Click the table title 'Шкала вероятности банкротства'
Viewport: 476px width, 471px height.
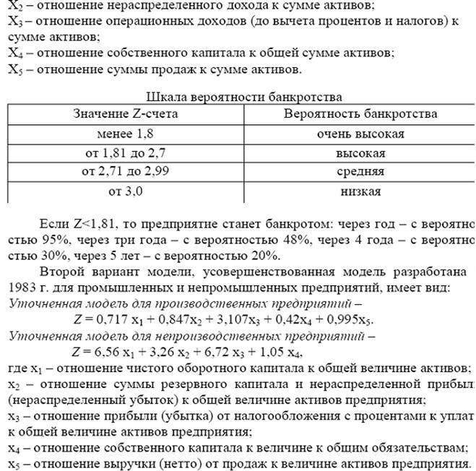coord(244,97)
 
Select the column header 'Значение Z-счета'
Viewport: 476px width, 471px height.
coord(126,114)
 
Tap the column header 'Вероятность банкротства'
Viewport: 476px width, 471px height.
coord(360,114)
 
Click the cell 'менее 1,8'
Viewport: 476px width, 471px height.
coord(125,134)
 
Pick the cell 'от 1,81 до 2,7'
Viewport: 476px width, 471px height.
coord(126,153)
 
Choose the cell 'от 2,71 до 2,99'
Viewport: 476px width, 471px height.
coord(126,172)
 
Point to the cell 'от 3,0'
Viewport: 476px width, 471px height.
coord(126,191)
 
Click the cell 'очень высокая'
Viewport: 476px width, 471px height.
coord(360,134)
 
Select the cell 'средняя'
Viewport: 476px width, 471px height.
coord(360,172)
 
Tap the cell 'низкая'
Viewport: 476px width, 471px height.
coord(360,191)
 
